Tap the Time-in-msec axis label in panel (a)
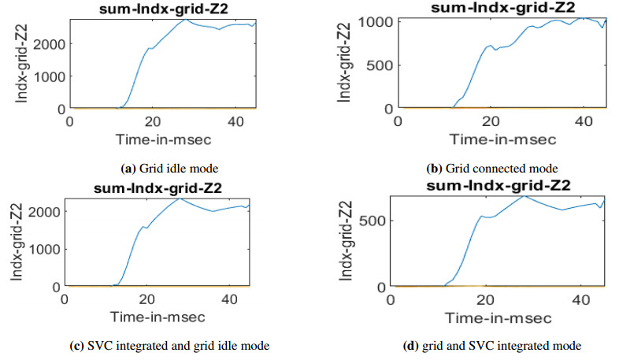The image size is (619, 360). (162, 140)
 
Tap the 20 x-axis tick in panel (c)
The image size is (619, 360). (145, 299)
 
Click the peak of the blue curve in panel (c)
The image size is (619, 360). (180, 198)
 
